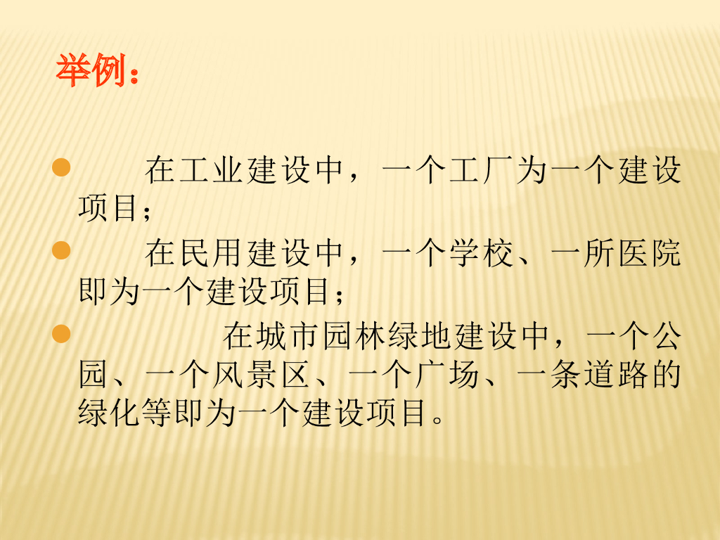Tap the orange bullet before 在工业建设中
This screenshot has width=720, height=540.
61,167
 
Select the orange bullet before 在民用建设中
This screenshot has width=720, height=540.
61,251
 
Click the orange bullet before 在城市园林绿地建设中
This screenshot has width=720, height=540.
61,334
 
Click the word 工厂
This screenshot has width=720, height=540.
482,170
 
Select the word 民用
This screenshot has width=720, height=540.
212,253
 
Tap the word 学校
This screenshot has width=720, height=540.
482,253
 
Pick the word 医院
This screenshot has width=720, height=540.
650,253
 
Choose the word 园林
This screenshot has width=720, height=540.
354,336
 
